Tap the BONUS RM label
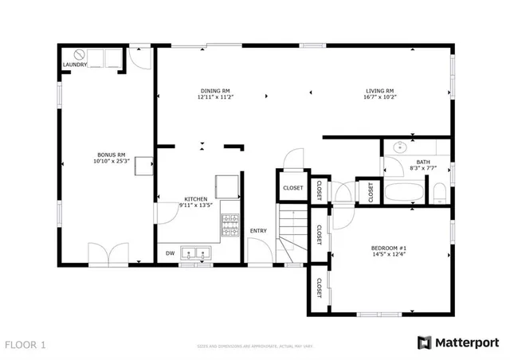tap(111, 155)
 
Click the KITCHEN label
tap(196, 198)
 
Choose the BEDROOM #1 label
tap(389, 248)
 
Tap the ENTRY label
tap(258, 231)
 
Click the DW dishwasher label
tap(170, 254)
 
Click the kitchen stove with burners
tap(229, 225)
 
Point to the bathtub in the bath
tap(405, 193)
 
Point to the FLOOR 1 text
tap(26, 345)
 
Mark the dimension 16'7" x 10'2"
tap(380, 98)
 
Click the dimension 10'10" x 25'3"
tap(111, 162)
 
